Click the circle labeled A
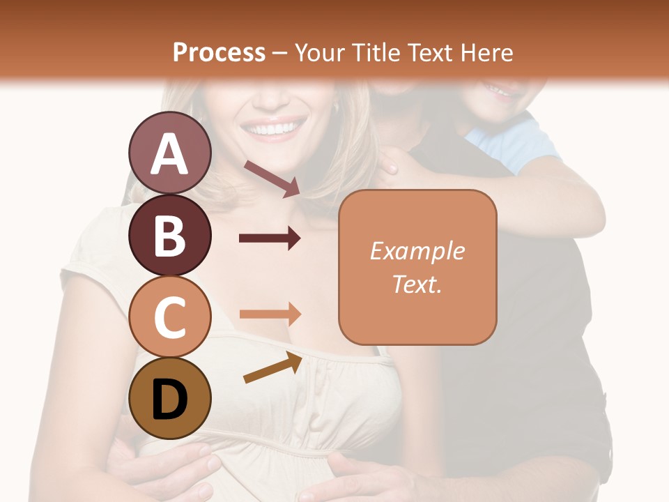pos(169,153)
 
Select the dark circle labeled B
pos(169,235)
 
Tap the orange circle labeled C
pos(169,317)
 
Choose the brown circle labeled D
pos(169,398)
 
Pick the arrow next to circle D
pos(272,367)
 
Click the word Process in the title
pos(219,52)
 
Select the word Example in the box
pos(417,251)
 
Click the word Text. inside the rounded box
pos(417,284)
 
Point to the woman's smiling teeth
pos(272,129)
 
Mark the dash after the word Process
pos(280,53)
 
